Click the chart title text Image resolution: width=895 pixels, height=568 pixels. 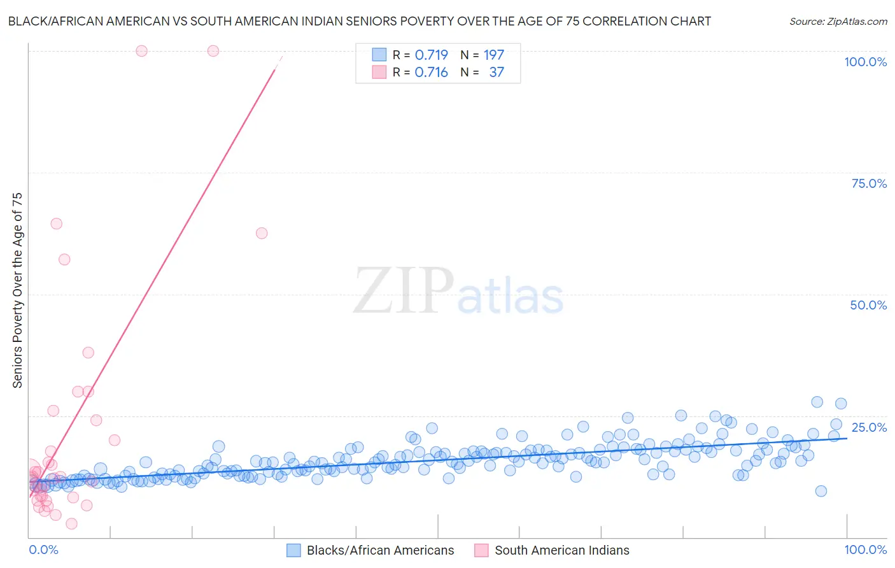[x=359, y=21]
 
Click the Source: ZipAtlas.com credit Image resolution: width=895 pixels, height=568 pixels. [x=838, y=21]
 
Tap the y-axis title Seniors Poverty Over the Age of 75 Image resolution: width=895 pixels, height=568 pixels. [x=17, y=290]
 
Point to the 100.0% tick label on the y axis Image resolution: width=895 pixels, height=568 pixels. [x=865, y=62]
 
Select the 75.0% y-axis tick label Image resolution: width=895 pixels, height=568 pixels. [x=869, y=183]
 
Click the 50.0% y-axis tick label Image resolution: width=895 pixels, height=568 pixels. [x=868, y=305]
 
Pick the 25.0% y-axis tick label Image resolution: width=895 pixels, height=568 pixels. [x=869, y=427]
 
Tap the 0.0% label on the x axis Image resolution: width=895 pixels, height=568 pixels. [x=43, y=550]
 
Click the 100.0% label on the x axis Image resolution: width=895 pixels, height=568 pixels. [x=865, y=550]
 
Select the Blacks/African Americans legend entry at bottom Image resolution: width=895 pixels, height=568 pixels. [x=380, y=550]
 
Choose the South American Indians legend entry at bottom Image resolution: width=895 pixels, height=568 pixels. [x=561, y=550]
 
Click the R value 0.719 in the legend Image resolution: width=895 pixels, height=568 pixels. [x=431, y=55]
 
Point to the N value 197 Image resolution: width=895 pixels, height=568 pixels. [x=493, y=55]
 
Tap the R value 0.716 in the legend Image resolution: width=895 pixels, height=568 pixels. [x=431, y=72]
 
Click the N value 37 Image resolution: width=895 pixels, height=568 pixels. [x=497, y=72]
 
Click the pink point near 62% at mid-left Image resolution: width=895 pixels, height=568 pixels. [x=262, y=233]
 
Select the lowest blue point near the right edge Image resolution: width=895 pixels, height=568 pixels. [x=821, y=491]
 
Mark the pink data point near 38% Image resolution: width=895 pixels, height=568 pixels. [x=88, y=353]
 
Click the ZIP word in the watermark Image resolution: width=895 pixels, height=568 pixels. [x=404, y=290]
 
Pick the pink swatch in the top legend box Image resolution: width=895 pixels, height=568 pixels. [x=379, y=72]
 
